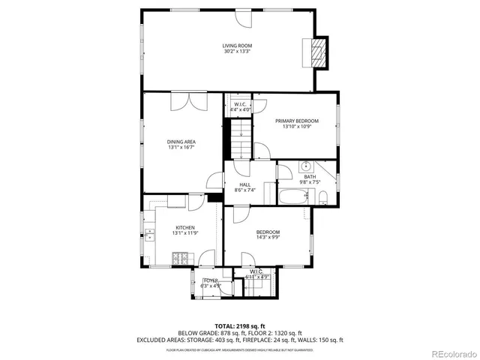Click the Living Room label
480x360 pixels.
coord(236,46)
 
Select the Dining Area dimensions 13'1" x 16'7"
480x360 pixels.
coord(182,147)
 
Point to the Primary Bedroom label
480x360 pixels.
coord(296,121)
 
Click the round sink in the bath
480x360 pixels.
coord(306,166)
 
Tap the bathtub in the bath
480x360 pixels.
coord(292,198)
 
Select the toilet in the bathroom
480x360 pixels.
coord(322,198)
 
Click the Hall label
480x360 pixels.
coord(244,184)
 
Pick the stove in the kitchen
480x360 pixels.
coord(180,259)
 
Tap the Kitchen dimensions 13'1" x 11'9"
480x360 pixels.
coord(185,233)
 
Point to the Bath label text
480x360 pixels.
coord(310,177)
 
